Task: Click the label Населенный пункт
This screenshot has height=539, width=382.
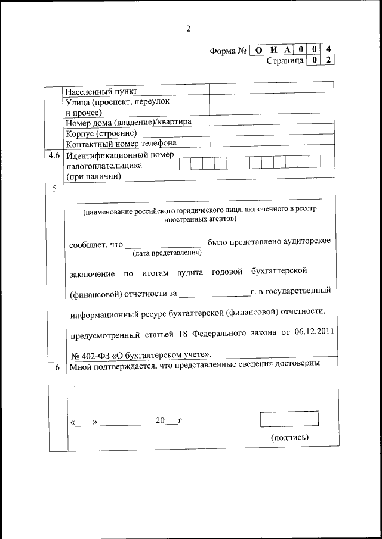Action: (x=101, y=91)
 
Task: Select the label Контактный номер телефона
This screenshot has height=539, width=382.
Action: (x=121, y=143)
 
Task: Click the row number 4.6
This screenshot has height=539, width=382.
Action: (x=54, y=155)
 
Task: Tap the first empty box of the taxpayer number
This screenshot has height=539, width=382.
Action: (x=186, y=161)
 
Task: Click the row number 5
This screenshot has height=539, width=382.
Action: (x=55, y=189)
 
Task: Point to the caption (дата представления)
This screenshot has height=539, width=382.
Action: (x=167, y=254)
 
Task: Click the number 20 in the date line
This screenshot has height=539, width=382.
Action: (x=159, y=420)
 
